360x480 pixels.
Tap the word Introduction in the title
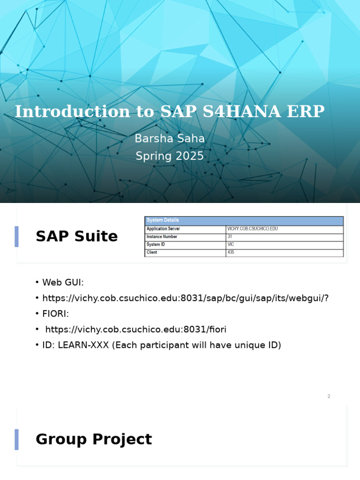tap(72, 112)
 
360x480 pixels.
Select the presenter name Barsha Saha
tap(170, 139)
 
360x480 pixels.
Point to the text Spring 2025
tap(170, 156)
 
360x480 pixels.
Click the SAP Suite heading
tap(76, 237)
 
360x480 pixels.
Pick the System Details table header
tap(163, 220)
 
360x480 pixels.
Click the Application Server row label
tap(163, 229)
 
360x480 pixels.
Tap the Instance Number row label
tap(162, 237)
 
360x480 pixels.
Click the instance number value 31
tap(230, 237)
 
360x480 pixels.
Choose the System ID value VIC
tap(231, 245)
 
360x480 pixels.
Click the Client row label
tap(152, 253)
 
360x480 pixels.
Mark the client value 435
tap(231, 253)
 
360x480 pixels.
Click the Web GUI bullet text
tap(63, 283)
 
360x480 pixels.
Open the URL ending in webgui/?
tap(185, 298)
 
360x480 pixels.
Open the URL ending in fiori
tap(135, 330)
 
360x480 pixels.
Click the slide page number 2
tap(329, 397)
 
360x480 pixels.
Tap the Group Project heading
tap(93, 440)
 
